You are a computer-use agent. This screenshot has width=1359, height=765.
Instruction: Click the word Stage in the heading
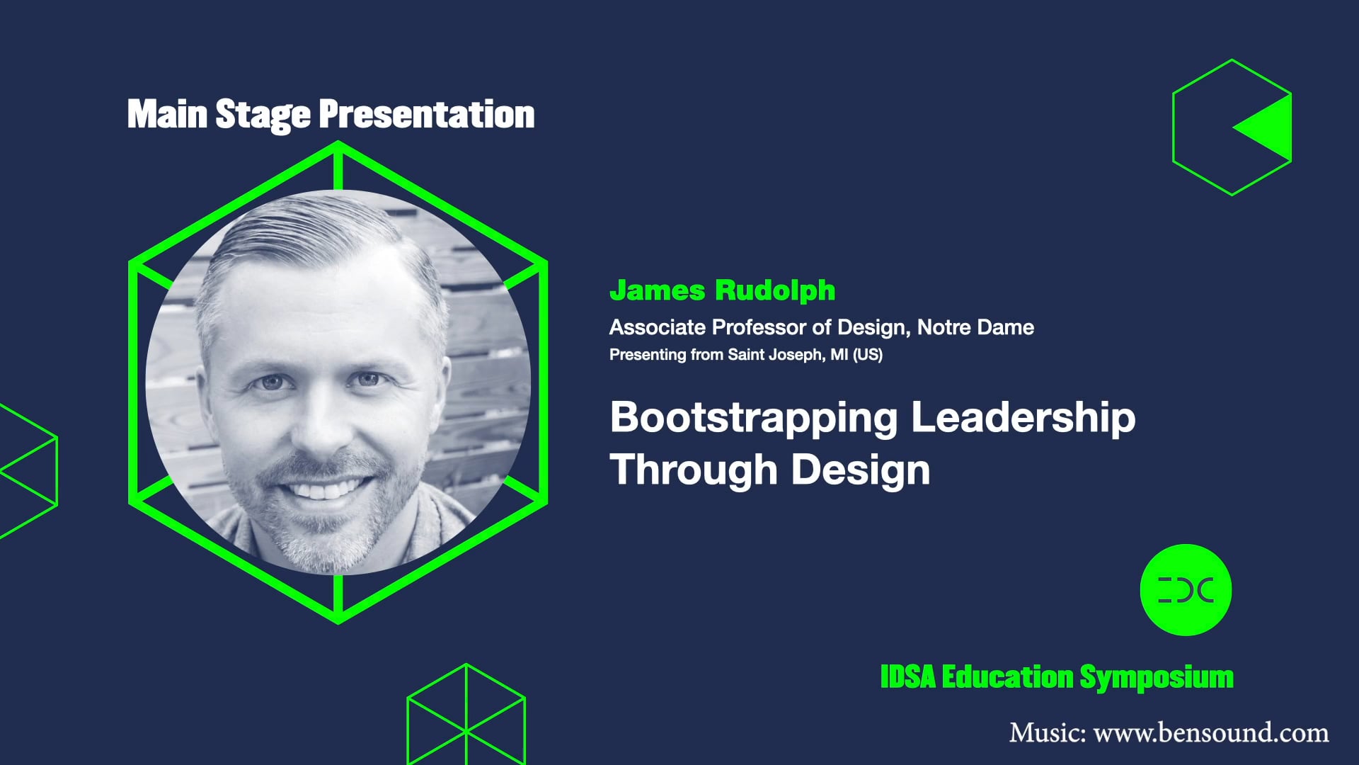point(262,115)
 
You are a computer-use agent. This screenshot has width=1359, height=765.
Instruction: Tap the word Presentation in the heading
point(426,115)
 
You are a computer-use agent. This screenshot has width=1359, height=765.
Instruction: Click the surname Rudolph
point(775,290)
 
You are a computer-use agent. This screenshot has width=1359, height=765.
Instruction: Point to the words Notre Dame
point(975,327)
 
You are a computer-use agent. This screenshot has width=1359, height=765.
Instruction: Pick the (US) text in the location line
point(868,354)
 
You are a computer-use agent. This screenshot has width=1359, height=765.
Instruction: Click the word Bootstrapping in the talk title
point(754,418)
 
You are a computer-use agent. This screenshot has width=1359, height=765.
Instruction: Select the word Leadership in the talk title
point(1023,418)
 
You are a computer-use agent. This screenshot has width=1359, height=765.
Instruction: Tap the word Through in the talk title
point(694,470)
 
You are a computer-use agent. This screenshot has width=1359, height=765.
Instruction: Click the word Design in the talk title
point(860,470)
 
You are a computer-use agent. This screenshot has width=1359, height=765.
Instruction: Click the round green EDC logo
point(1186,589)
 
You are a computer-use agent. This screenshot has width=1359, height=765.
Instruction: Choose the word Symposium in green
point(1157,677)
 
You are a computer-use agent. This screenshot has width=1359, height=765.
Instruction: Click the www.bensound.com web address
point(1211,732)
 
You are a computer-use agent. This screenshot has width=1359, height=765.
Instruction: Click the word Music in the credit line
point(1047,732)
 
